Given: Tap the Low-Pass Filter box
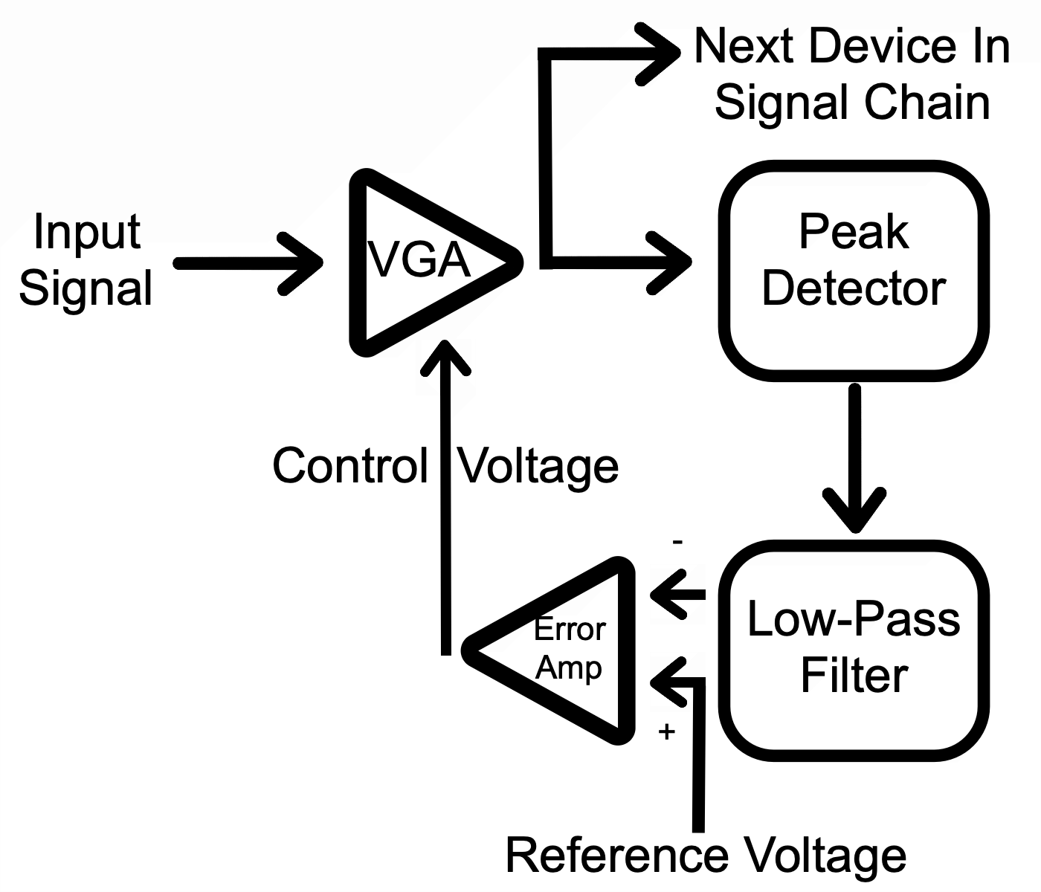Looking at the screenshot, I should click(854, 650).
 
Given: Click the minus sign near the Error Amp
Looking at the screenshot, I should click(677, 542).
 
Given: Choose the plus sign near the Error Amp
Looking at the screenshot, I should click(666, 731).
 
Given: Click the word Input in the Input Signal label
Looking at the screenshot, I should click(87, 233).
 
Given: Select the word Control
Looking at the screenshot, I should click(350, 466).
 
